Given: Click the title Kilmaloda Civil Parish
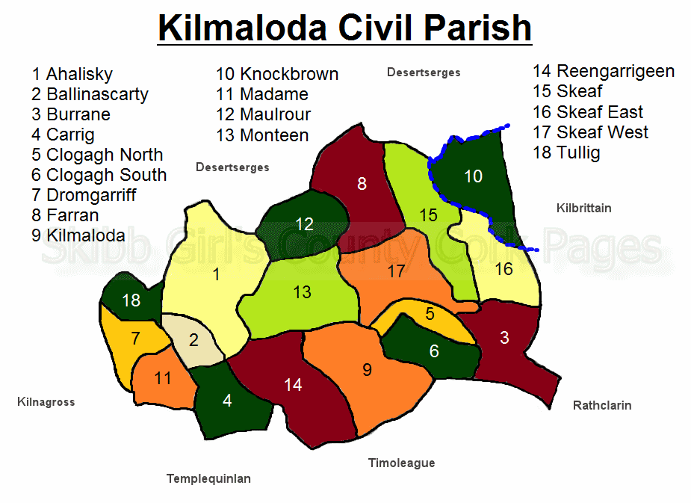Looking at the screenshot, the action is [344, 28].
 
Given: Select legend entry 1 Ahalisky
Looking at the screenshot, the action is [72, 74].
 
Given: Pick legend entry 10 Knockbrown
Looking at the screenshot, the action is [277, 74].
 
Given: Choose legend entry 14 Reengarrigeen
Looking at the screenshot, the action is [604, 72].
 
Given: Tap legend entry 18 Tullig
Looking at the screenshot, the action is [566, 153].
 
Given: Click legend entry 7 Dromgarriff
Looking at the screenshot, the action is [84, 195].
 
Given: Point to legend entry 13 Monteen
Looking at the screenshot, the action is [262, 135].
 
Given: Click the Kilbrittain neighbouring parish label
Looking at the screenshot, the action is [584, 208].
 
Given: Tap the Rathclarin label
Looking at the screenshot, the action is [602, 405].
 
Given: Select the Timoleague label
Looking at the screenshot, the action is [401, 463].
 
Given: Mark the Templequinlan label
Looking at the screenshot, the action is [208, 479].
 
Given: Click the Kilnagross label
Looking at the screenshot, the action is [46, 402].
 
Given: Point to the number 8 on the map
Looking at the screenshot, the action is [362, 183].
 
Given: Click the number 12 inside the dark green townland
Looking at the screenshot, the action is [304, 224].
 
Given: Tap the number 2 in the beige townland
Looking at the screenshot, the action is [193, 340].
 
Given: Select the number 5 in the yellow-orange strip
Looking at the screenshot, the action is [430, 314].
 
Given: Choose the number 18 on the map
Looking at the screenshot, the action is [131, 300].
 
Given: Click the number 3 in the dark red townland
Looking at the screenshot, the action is [504, 338].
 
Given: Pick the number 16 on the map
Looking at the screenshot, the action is [503, 269].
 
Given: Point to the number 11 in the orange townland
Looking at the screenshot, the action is [163, 377].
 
